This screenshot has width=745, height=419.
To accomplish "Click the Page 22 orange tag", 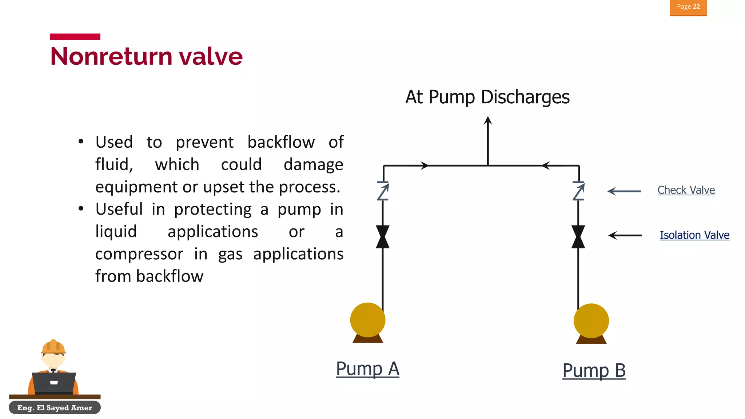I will [x=688, y=7].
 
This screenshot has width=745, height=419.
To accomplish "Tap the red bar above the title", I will [x=75, y=37].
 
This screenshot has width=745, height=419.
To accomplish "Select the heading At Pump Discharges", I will [x=487, y=97].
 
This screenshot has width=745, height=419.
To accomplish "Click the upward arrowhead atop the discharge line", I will [x=488, y=121].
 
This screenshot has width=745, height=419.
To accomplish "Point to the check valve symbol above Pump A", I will [x=383, y=191].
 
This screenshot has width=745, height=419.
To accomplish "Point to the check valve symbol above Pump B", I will [x=578, y=191].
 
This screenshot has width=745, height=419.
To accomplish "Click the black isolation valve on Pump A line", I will [x=383, y=237].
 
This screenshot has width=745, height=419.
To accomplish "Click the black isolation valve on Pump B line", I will [x=578, y=237].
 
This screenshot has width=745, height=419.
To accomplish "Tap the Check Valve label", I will [x=686, y=190].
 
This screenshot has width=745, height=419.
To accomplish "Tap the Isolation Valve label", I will [x=694, y=235].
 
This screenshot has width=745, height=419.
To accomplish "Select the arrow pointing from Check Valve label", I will [x=624, y=191].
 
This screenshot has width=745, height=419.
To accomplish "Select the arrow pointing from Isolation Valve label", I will [x=625, y=235].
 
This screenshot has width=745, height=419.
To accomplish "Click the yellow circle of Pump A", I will [x=367, y=320].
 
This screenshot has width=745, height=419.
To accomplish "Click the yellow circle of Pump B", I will [x=591, y=321].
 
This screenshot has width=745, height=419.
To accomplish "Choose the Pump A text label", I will [x=367, y=369].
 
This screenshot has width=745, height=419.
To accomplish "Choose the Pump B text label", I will [x=594, y=371].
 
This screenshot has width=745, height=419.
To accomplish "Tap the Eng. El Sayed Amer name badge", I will [x=55, y=408].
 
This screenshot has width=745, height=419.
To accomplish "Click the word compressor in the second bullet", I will [x=139, y=254].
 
